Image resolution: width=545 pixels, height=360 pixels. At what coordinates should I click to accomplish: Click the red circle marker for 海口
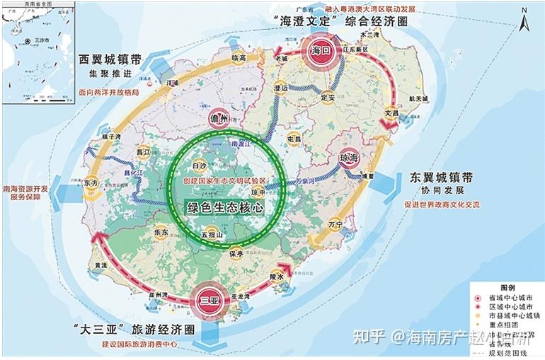pyautogui.click(x=319, y=50)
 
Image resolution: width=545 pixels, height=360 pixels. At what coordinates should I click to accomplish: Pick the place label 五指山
pyautogui.click(x=212, y=233)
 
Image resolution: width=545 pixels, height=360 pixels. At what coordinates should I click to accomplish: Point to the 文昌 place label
pyautogui.click(x=392, y=112)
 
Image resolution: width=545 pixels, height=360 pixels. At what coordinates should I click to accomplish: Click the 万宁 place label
pyautogui.click(x=335, y=224)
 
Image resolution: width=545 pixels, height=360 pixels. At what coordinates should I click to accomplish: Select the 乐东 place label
pyautogui.click(x=160, y=231)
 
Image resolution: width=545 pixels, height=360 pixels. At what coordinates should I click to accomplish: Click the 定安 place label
pyautogui.click(x=327, y=97)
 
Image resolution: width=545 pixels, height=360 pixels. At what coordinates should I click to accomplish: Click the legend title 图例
pyautogui.click(x=507, y=288)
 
